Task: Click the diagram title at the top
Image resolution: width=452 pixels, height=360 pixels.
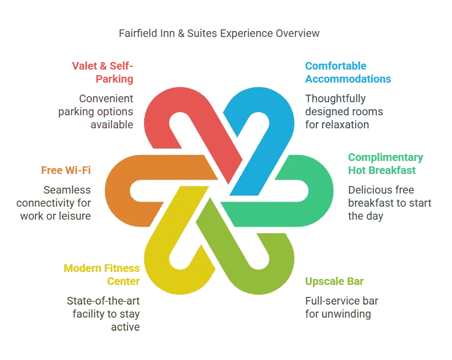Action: click(219, 34)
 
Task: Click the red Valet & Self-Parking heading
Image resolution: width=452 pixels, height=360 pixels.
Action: click(103, 72)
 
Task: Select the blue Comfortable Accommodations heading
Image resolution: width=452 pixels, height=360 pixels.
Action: click(347, 72)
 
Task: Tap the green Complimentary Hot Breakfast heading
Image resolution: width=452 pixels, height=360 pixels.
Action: click(386, 163)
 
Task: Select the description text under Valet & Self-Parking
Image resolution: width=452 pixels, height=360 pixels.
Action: click(96, 111)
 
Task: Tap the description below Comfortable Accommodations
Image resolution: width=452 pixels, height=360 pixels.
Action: click(343, 111)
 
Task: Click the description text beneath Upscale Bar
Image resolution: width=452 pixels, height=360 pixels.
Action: click(340, 307)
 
